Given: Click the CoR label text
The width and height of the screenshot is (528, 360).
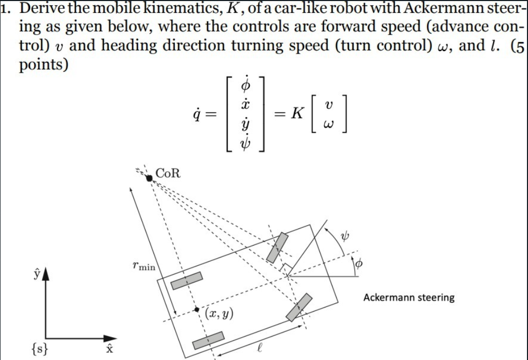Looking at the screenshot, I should click(x=168, y=173).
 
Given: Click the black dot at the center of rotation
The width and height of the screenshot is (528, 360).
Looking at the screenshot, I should click(x=149, y=178).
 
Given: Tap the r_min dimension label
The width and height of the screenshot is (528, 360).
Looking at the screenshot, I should click(x=144, y=266).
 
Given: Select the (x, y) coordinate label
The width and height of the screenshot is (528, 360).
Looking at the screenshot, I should click(x=219, y=313).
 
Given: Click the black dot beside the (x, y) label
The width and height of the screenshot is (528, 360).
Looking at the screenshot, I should click(x=197, y=310).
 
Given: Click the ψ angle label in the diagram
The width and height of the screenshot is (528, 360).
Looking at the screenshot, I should click(x=343, y=237).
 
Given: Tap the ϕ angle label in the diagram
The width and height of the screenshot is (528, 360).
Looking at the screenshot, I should click(x=357, y=265).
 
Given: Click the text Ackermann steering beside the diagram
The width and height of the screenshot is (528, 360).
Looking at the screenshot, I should click(x=408, y=298).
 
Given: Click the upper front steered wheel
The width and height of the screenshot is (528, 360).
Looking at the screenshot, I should click(x=277, y=247).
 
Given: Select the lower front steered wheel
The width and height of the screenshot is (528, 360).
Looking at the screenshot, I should click(x=299, y=307).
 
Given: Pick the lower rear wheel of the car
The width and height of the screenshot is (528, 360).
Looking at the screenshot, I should click(x=208, y=340).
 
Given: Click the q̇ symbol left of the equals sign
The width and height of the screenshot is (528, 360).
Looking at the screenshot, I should click(x=197, y=113).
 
